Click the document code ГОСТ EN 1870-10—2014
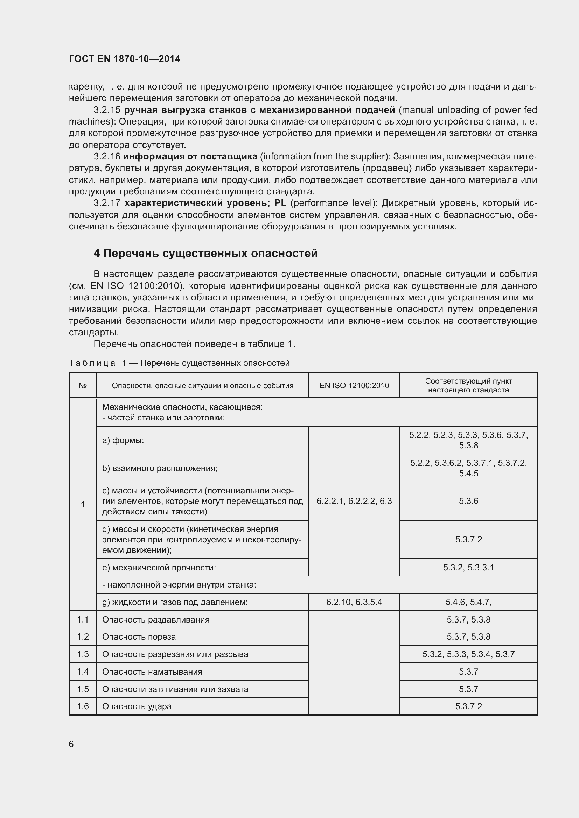(x=124, y=59)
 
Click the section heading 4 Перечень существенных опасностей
(x=205, y=253)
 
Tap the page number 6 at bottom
(x=71, y=744)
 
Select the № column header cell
(x=83, y=385)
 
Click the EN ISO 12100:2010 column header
(x=354, y=385)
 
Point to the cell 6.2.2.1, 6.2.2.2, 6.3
(x=354, y=501)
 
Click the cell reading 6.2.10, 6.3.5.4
(x=354, y=602)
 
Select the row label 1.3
(x=83, y=654)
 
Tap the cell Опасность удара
(x=137, y=706)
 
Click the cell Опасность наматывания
(x=152, y=671)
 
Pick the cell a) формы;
(x=123, y=440)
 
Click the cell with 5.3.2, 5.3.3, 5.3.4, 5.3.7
(x=468, y=654)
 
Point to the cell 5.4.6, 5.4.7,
(x=468, y=602)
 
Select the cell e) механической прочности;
(x=159, y=567)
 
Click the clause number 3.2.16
(x=107, y=156)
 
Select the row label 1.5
(x=83, y=689)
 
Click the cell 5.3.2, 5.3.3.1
(x=468, y=567)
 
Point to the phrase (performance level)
(x=334, y=203)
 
